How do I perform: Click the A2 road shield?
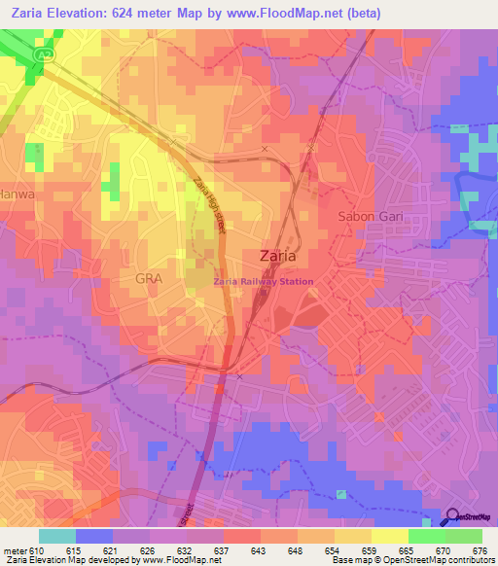tap(44, 55)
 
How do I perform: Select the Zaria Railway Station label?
tap(264, 282)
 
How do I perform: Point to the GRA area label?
tap(149, 278)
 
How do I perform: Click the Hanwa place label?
tap(18, 194)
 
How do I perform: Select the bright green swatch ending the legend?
tap(464, 536)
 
